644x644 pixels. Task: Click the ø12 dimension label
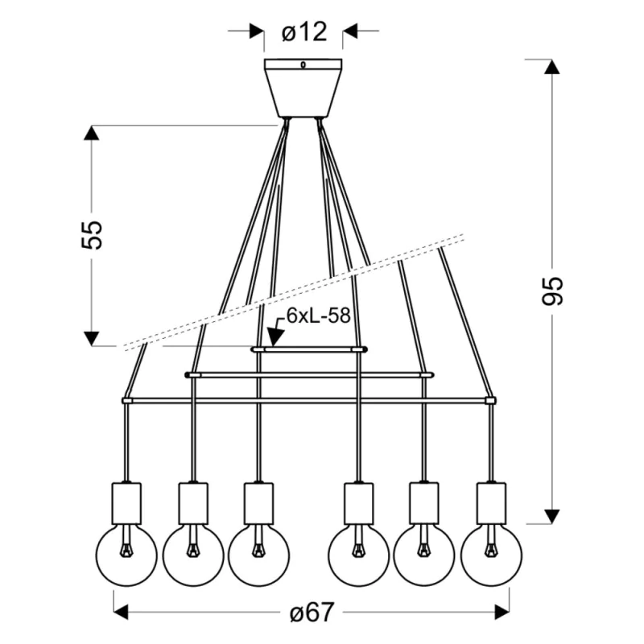304,32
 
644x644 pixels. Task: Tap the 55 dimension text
93,234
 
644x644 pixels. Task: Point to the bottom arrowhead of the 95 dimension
552,514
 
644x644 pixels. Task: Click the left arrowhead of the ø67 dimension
122,613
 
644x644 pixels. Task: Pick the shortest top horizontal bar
309,349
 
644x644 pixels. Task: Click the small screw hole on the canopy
303,65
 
